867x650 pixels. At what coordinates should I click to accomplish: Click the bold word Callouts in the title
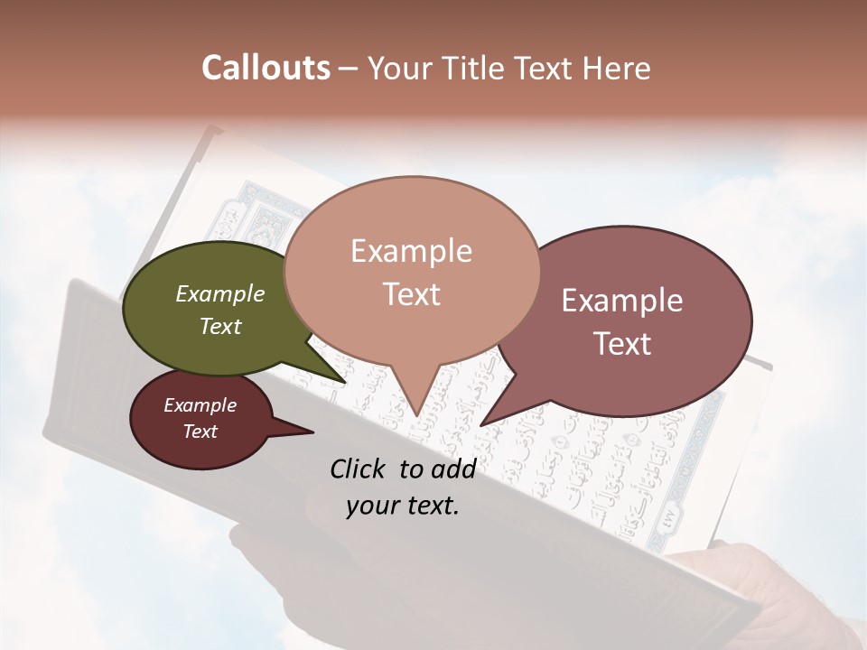(266, 68)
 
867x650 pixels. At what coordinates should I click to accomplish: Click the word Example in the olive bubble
(220, 294)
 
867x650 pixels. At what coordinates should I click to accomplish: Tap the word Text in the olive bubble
(220, 327)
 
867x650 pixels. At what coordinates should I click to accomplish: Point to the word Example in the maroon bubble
(200, 405)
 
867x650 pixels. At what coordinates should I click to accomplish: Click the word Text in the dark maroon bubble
(200, 432)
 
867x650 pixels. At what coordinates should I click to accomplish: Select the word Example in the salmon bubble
(411, 251)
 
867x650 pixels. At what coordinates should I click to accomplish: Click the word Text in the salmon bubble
(411, 294)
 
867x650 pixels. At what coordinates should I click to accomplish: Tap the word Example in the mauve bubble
(622, 301)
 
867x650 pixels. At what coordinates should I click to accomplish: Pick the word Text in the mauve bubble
(622, 344)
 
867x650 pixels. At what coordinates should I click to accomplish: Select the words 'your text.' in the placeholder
(403, 506)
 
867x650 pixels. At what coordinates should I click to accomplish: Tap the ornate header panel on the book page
(271, 215)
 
